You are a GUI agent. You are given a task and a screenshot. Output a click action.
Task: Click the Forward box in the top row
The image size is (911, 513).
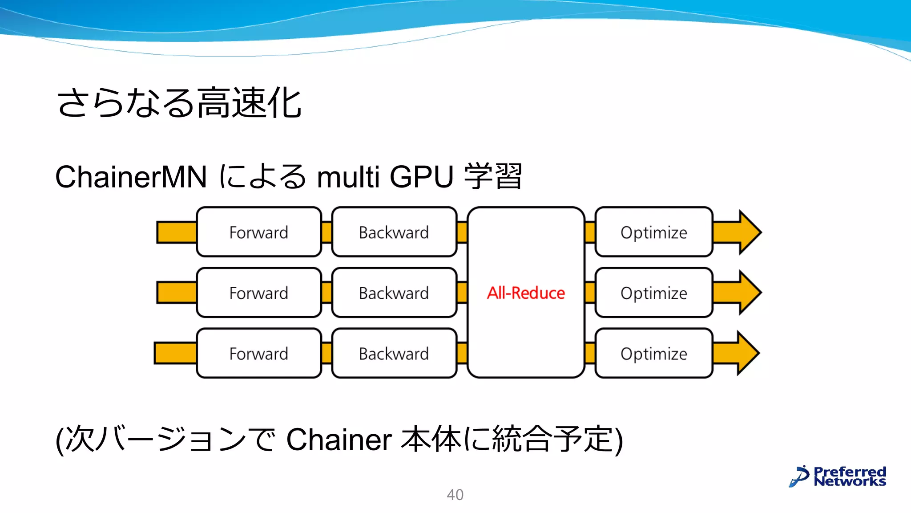click(x=258, y=232)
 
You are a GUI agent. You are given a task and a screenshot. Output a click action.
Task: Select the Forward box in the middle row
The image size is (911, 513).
click(x=258, y=293)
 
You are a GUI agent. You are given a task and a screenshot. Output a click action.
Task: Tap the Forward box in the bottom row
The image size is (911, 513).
click(x=258, y=353)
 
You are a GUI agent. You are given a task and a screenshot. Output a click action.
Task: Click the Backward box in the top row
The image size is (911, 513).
click(x=394, y=232)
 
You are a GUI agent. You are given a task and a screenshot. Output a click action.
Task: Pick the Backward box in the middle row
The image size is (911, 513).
click(x=394, y=293)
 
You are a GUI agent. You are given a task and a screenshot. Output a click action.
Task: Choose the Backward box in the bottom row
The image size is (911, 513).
click(x=394, y=353)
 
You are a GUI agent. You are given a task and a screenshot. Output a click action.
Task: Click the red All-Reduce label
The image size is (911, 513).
click(x=526, y=293)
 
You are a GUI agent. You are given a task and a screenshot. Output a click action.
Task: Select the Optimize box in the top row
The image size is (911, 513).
click(x=653, y=232)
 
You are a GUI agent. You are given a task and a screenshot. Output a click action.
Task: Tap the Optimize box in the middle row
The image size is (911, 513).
click(x=653, y=293)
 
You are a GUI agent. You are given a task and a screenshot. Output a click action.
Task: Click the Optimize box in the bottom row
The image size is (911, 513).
click(x=653, y=353)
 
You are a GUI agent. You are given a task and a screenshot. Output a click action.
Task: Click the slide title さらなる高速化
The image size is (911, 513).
click(x=179, y=103)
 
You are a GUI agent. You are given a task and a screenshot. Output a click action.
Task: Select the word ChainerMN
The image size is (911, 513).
click(x=131, y=177)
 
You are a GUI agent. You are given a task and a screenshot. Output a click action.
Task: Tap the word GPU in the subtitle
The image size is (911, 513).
click(x=421, y=177)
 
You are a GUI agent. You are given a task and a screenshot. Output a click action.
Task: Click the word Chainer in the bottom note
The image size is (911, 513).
click(x=339, y=440)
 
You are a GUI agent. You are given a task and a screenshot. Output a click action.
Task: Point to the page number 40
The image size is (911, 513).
click(x=455, y=494)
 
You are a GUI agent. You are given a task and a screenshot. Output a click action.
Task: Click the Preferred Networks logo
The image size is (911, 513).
click(x=838, y=476)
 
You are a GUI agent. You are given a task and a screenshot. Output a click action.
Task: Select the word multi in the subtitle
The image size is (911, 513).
click(x=348, y=177)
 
